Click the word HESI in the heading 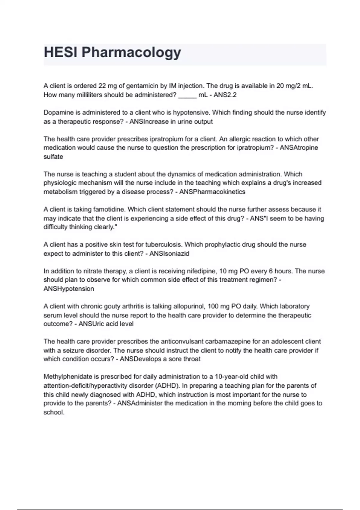click(x=61, y=52)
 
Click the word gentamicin click(x=142, y=86)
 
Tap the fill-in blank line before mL click(x=187, y=95)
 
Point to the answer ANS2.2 click(x=225, y=95)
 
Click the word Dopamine click(x=58, y=113)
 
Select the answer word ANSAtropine click(x=299, y=148)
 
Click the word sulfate click(x=53, y=157)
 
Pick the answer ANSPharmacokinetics click(x=212, y=192)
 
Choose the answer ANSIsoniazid click(x=169, y=254)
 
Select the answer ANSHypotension click(x=69, y=289)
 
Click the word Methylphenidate click(x=67, y=376)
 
